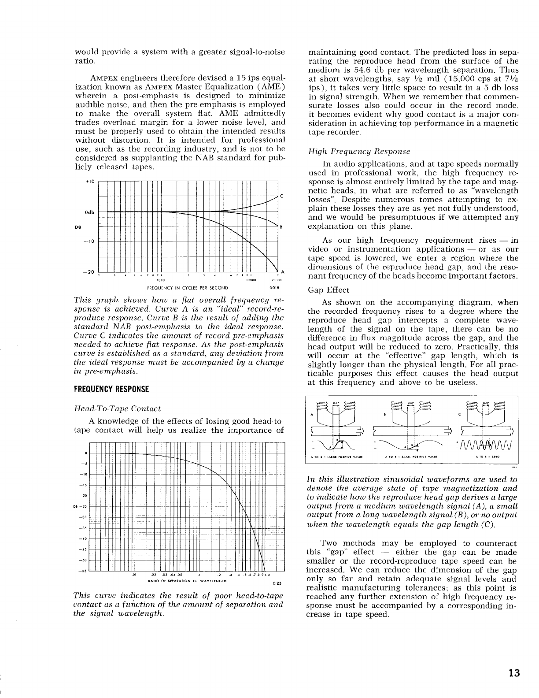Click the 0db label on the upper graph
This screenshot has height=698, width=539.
(90, 212)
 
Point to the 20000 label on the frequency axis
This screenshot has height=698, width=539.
(276, 279)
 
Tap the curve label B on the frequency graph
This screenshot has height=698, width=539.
(281, 228)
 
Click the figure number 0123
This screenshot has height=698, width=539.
(277, 584)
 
